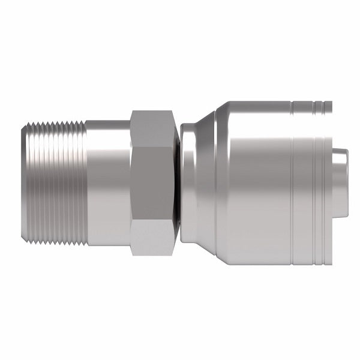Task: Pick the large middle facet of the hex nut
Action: click(152, 180)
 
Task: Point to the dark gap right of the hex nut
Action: click(178, 180)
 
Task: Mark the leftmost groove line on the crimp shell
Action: click(292, 180)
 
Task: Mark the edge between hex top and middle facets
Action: click(152, 140)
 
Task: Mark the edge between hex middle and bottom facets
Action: click(152, 220)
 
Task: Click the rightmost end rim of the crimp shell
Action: click(329, 180)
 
